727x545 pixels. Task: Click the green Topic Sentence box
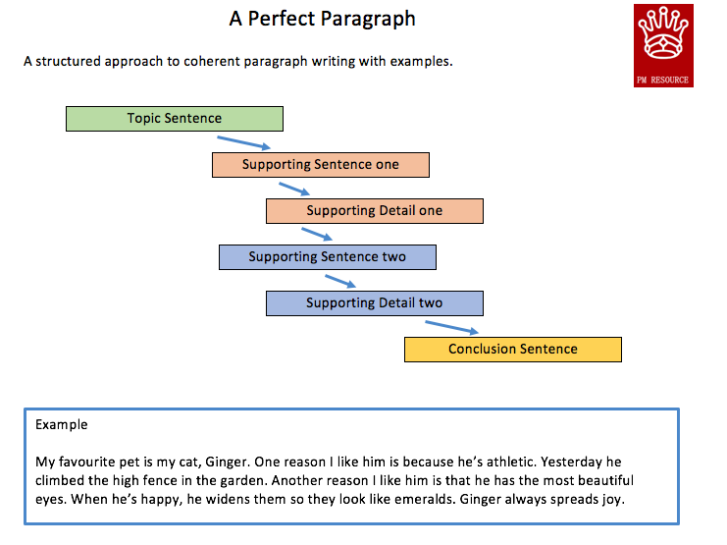coord(175,119)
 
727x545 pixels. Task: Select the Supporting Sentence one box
coord(321,165)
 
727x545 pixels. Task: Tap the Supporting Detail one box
coord(375,211)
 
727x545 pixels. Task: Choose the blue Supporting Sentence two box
coord(328,257)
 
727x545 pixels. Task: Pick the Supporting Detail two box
coord(375,303)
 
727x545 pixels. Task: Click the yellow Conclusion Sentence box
coord(513,350)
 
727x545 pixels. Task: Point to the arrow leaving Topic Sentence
coord(244,142)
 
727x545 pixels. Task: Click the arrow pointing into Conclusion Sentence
coord(451,327)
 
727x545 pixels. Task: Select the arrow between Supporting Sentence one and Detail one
coord(294,189)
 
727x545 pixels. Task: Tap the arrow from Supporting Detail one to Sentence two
coord(317,234)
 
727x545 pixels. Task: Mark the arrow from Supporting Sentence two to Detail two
coord(340,281)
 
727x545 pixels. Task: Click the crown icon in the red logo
coord(663,33)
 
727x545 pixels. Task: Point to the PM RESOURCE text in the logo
coord(662,80)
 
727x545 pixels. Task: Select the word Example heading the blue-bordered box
coord(61,425)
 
